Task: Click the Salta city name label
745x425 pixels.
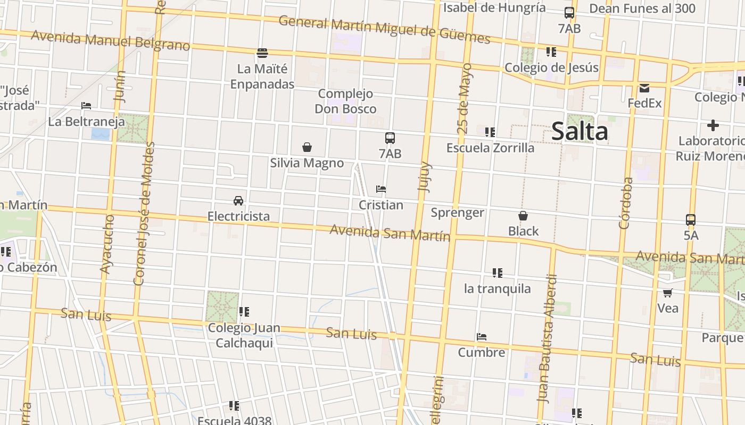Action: coord(580,131)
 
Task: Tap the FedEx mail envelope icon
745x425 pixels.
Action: coord(644,88)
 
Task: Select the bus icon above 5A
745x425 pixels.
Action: coord(690,219)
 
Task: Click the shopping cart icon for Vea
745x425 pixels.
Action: coord(667,293)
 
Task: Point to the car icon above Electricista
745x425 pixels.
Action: coord(238,201)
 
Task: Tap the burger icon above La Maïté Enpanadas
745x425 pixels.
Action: coord(262,53)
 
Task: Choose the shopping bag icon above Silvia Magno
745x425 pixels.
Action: coord(307,147)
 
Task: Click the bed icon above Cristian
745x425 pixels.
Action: coord(380,189)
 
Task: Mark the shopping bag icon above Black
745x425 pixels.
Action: coord(523,216)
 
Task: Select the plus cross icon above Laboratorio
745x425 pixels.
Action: coord(713,125)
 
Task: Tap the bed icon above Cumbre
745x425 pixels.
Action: coord(482,337)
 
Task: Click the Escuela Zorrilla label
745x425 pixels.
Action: coord(490,148)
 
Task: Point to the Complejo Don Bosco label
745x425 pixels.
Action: coord(345,101)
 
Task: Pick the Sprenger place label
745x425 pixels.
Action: coord(457,213)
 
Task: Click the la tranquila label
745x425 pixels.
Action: coord(497,288)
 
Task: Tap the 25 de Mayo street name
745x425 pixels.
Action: coord(464,98)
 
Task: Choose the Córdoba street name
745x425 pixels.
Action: coord(626,203)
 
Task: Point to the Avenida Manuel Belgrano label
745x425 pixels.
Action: coord(111,41)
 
